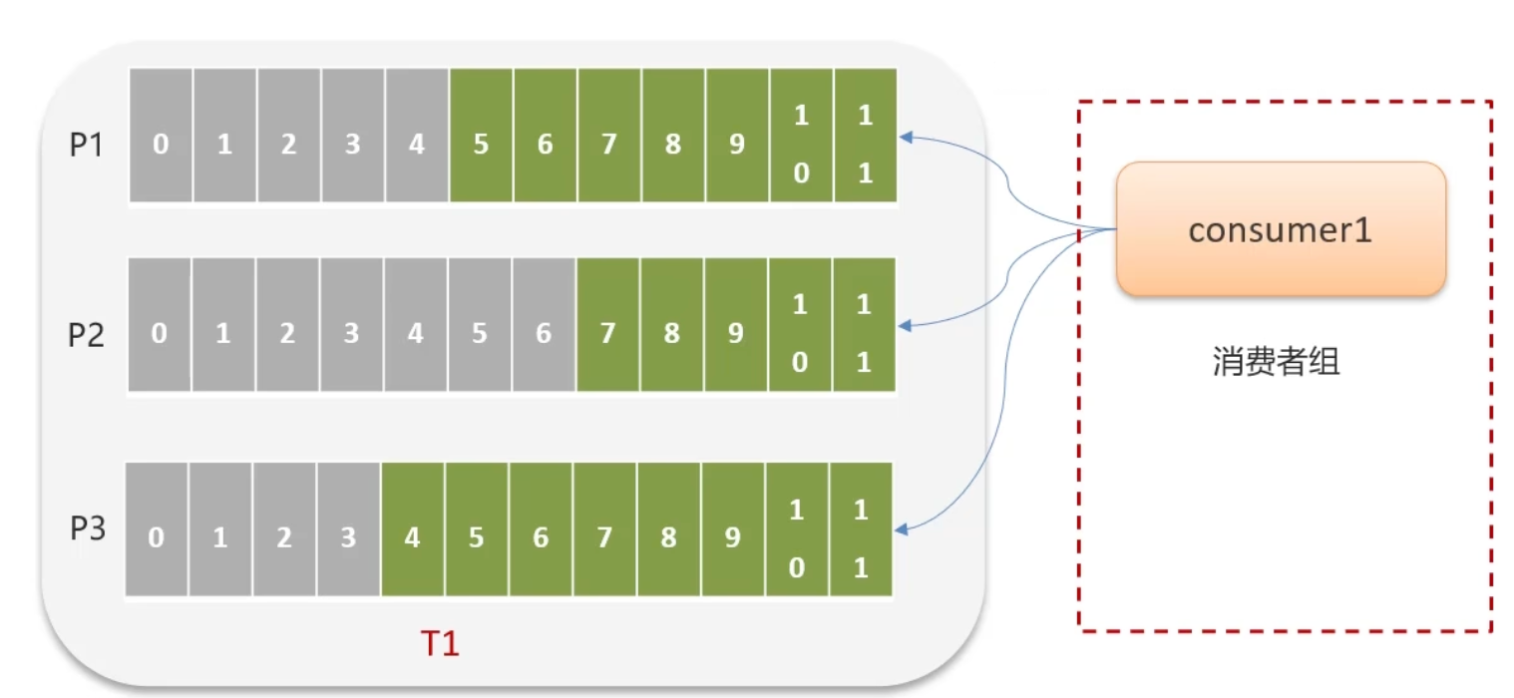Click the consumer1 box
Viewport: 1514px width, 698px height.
(x=1281, y=230)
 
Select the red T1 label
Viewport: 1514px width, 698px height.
(x=439, y=644)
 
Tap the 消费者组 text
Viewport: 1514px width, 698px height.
(x=1277, y=361)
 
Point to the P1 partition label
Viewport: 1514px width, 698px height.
(x=86, y=146)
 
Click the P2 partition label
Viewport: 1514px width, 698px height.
(x=86, y=335)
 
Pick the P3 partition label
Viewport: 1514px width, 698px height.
(x=86, y=528)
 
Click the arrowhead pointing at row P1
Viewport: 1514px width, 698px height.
(x=906, y=137)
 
